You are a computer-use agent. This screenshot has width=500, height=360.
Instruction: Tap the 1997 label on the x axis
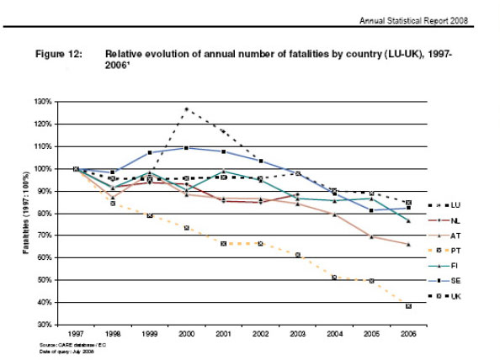click(76, 335)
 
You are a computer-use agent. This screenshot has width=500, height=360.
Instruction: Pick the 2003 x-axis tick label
click(296, 335)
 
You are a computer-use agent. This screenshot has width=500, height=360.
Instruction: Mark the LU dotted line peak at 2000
click(185, 109)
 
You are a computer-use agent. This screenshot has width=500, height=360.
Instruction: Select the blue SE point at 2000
click(185, 148)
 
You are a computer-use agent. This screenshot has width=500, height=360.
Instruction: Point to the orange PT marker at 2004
click(333, 277)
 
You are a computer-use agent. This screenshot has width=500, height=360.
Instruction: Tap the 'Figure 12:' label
click(60, 53)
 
